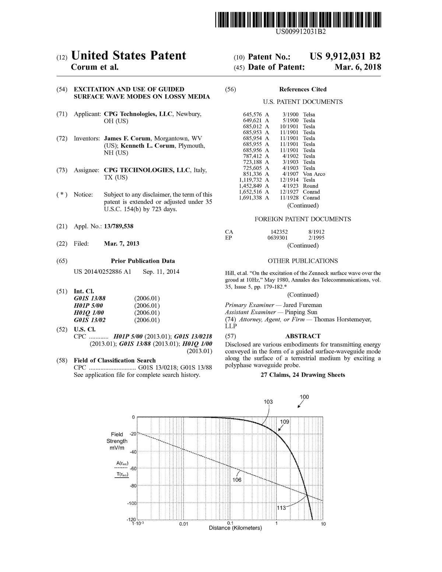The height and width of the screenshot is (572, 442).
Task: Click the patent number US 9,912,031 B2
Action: [345, 56]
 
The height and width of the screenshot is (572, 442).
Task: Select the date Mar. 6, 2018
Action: [358, 67]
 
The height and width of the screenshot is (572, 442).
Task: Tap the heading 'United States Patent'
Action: [128, 56]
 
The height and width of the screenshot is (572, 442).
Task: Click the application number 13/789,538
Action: [119, 226]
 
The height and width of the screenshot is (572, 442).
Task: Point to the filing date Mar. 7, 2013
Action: [122, 244]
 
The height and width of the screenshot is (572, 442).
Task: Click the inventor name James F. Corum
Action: [127, 139]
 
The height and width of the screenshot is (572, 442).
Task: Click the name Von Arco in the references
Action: [314, 174]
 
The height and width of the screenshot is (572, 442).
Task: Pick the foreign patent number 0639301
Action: [277, 238]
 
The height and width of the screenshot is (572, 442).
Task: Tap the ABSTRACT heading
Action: [303, 336]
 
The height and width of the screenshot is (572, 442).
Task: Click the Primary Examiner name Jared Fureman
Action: [302, 305]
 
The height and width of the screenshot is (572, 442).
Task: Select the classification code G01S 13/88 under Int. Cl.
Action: [90, 298]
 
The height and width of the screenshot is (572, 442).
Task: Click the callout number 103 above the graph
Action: [268, 402]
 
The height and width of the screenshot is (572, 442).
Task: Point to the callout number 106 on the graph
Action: [237, 480]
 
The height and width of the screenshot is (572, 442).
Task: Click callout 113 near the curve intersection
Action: [281, 508]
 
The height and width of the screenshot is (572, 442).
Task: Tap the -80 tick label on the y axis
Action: [133, 486]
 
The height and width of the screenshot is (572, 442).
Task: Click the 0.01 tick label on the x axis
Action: [183, 524]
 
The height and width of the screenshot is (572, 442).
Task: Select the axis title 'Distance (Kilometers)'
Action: [235, 528]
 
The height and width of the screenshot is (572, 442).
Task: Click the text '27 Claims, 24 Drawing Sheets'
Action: [303, 375]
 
